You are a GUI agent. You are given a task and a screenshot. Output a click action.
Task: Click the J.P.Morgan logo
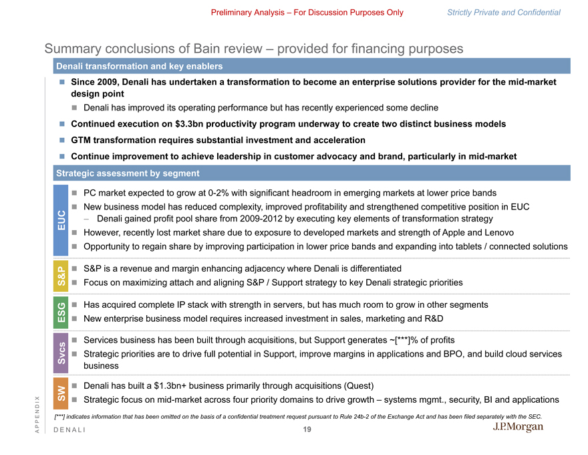click(518, 427)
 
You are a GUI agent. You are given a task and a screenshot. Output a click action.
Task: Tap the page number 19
click(307, 430)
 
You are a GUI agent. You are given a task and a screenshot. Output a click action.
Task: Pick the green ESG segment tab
click(61, 312)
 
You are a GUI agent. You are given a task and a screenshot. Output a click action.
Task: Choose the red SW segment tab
click(61, 393)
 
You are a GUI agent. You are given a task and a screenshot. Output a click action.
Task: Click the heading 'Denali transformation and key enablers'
click(140, 66)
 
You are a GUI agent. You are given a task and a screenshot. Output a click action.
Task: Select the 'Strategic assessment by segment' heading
click(128, 173)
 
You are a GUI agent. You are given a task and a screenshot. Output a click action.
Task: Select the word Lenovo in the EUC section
click(497, 232)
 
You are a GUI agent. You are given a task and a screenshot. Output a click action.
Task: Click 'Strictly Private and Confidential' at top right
click(503, 12)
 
